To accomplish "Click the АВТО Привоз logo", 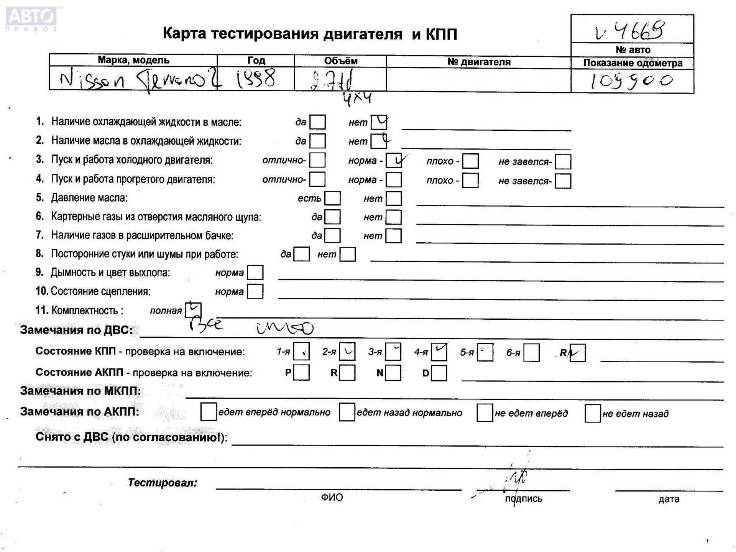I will tap(31, 18).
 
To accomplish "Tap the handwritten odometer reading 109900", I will tap(632, 81).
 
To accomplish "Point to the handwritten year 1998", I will tap(256, 79).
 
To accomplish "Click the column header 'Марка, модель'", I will tap(133, 60).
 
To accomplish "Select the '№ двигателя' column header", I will tap(479, 62).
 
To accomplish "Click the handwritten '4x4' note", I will tap(357, 99).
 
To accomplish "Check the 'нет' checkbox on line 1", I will tap(379, 122).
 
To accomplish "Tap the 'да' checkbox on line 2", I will tap(317, 141).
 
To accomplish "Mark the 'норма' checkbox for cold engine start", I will tap(394, 161).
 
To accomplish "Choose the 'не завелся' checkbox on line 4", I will tap(563, 181).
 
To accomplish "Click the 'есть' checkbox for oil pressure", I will tap(332, 199).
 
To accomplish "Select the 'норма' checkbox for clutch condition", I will tap(255, 291).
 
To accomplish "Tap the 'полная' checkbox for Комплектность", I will tap(193, 310).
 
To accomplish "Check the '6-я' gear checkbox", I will tap(531, 353).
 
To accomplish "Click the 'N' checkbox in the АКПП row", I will tap(393, 373).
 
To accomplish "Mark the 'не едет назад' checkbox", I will tap(592, 413).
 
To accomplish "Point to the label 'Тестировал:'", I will tap(162, 483).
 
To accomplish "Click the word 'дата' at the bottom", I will tap(669, 499).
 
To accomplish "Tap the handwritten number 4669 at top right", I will tap(639, 31).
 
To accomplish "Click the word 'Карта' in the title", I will tap(184, 34).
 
